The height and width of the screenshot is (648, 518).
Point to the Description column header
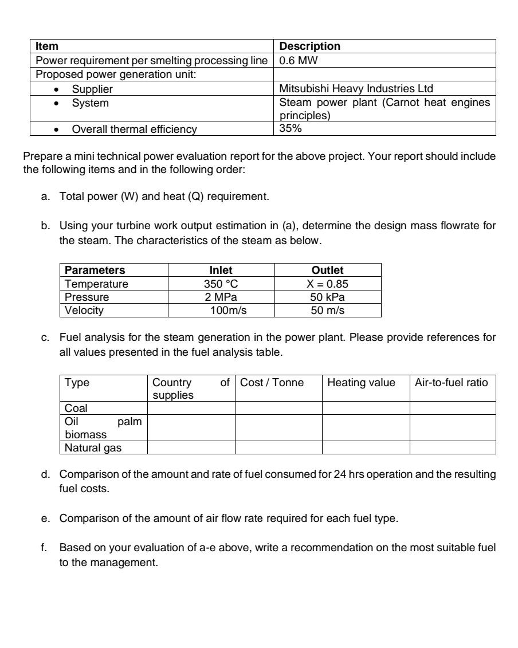tap(309, 45)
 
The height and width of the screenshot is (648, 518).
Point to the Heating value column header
tap(361, 382)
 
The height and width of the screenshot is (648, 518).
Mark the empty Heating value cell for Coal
tap(366, 407)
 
